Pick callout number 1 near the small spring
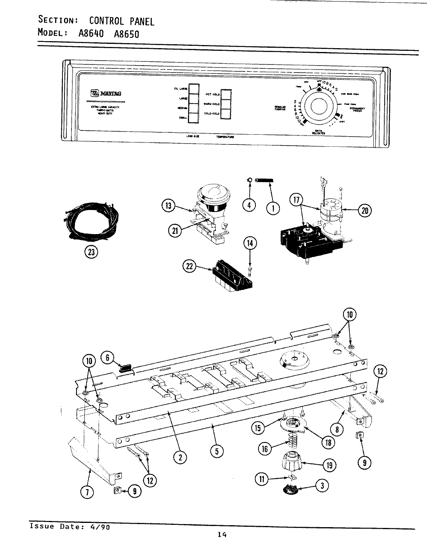pos(273,208)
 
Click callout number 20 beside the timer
pos(365,211)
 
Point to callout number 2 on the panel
pos(180,458)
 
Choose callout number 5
pos(217,451)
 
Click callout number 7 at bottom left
pos(87,493)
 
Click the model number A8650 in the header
pos(126,34)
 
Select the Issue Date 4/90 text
pos(67,526)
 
